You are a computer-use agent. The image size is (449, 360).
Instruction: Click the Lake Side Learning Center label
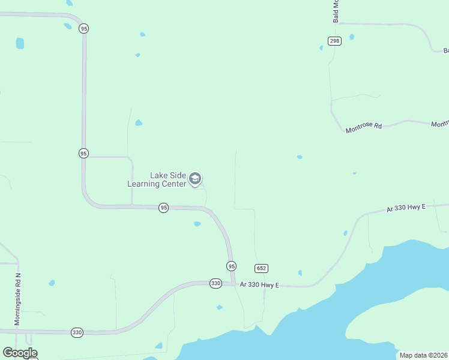[157, 179]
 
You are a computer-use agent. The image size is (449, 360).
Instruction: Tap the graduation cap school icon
[194, 179]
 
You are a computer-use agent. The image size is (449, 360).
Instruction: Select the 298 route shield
[334, 40]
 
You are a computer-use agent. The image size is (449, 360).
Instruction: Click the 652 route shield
[261, 268]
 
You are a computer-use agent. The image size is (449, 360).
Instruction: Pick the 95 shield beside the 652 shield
[232, 266]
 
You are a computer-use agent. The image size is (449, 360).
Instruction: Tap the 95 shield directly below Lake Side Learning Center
[163, 208]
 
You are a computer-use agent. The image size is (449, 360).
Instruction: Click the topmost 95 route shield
[83, 28]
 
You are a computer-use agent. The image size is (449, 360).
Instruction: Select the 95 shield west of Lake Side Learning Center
[83, 153]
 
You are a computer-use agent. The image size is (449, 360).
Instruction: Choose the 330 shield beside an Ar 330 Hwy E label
[216, 283]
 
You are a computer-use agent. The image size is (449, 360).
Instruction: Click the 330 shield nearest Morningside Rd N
[77, 332]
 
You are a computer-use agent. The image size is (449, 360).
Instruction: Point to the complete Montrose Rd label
[364, 127]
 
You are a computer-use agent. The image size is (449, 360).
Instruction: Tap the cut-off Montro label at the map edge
[440, 124]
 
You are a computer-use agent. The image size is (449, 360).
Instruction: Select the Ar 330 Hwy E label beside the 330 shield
[259, 285]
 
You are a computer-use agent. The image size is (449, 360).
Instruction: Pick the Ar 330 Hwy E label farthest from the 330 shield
[406, 208]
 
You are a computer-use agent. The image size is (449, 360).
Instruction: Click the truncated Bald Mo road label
[336, 11]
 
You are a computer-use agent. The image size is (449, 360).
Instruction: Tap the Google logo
[20, 353]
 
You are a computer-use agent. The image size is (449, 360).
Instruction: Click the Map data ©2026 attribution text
[424, 355]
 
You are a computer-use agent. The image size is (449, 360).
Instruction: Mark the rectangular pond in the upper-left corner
[20, 43]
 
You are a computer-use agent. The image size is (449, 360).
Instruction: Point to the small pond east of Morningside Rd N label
[52, 283]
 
